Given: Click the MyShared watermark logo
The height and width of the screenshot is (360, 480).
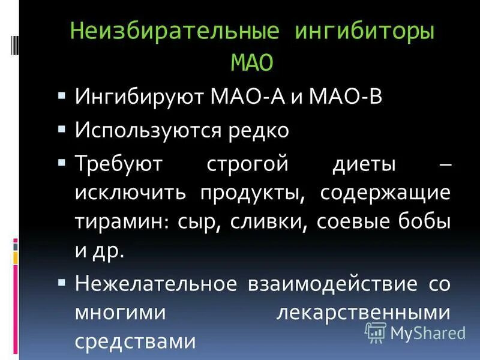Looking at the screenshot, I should coord(415,332).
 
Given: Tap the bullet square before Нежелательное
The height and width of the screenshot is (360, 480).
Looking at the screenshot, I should coord(62,280).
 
